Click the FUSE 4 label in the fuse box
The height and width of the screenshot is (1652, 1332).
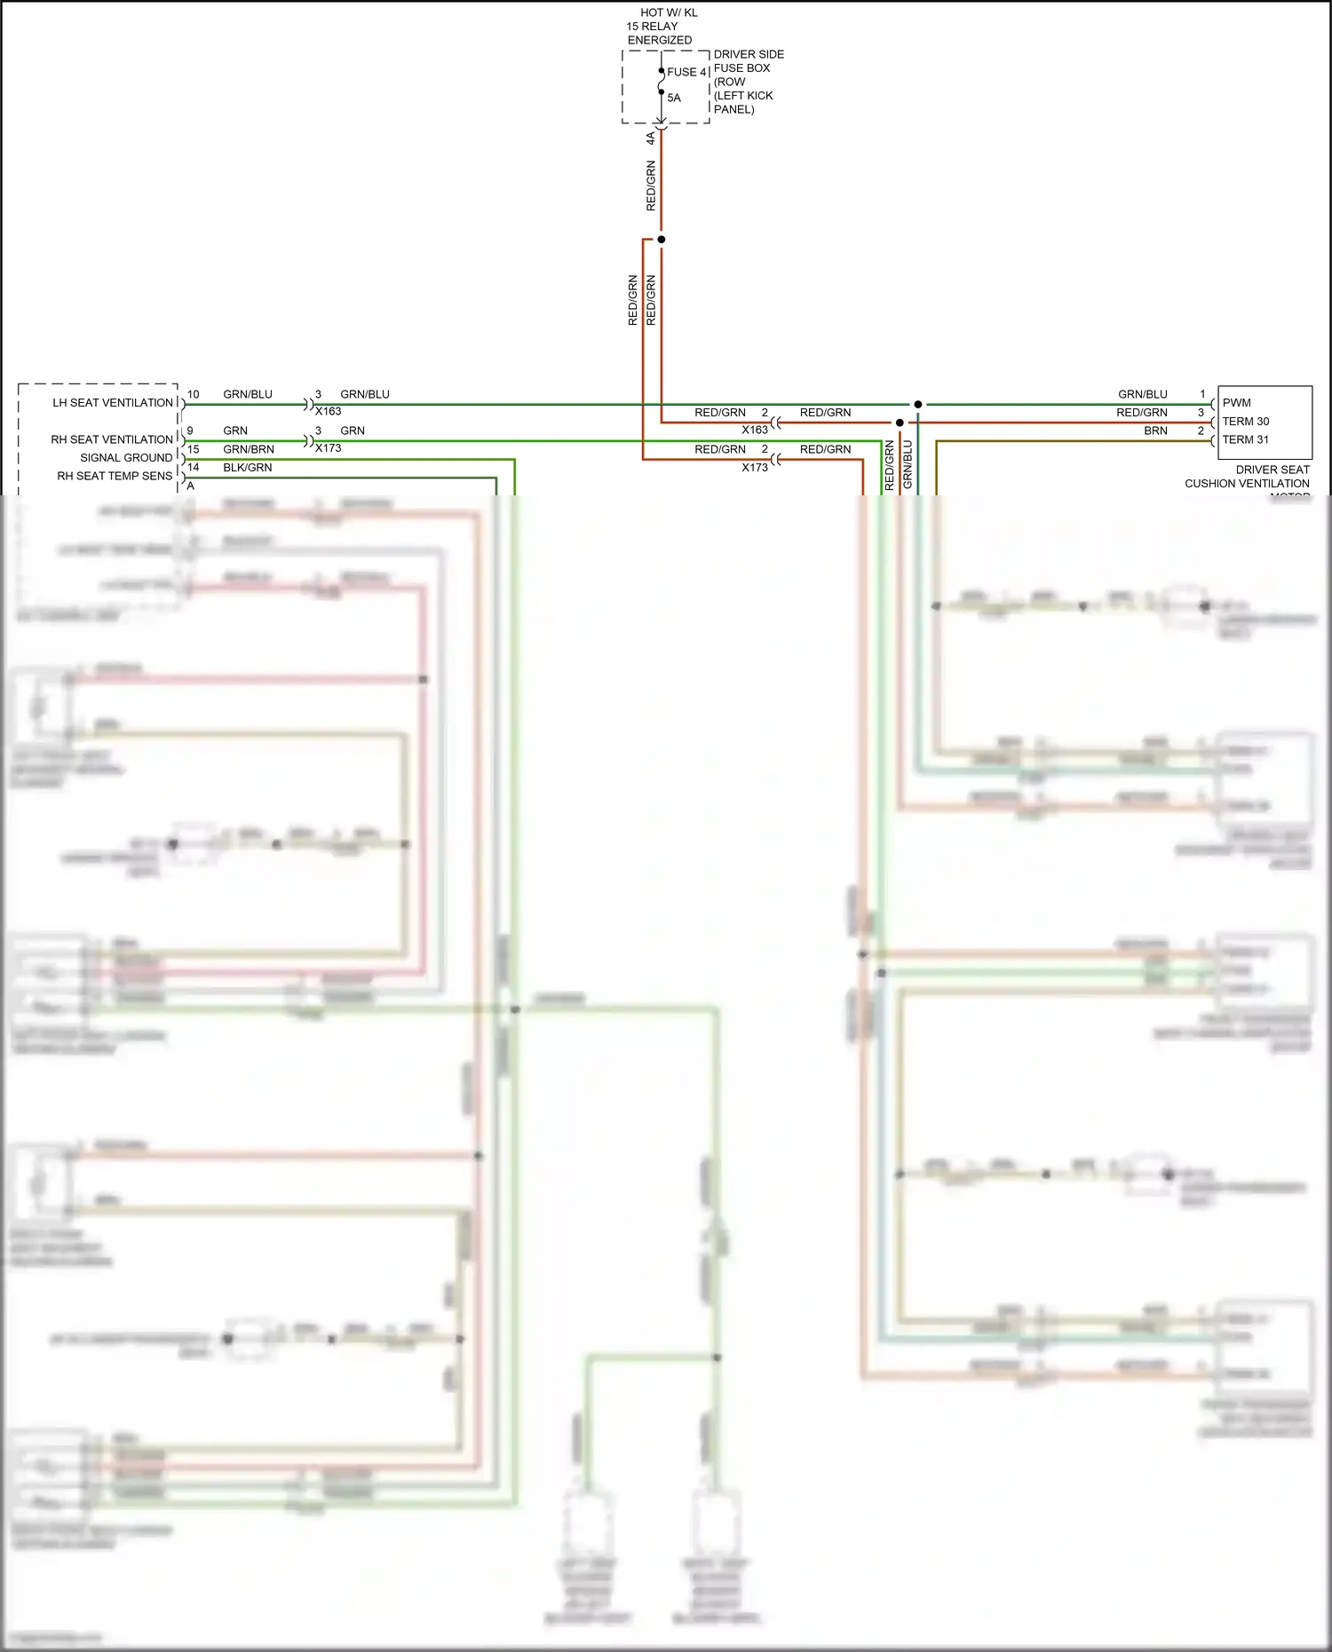point(686,72)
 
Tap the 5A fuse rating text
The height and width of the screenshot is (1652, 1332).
point(674,98)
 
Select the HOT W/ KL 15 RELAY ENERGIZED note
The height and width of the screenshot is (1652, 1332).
point(661,27)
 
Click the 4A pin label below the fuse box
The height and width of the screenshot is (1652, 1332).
point(651,138)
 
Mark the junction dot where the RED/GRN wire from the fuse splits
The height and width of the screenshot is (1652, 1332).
point(661,240)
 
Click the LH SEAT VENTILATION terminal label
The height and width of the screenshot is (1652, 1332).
point(113,403)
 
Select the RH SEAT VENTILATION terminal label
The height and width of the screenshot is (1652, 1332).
point(112,439)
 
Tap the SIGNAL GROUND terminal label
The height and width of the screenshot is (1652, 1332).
point(126,458)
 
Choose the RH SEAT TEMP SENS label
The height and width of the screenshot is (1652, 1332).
point(115,476)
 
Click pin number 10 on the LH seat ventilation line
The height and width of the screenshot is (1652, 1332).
point(193,394)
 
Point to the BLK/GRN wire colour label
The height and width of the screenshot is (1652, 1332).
point(247,468)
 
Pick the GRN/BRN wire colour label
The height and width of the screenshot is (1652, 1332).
point(248,449)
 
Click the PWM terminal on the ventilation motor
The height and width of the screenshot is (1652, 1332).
point(1236,403)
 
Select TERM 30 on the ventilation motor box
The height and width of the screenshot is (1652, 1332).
point(1245,422)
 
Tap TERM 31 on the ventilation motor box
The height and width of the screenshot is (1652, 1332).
point(1245,439)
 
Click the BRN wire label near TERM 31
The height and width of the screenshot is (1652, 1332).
point(1155,431)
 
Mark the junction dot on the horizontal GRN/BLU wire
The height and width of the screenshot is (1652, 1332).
point(918,404)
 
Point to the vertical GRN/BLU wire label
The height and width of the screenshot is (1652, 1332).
point(908,463)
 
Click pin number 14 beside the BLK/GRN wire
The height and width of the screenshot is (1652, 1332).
point(193,468)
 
